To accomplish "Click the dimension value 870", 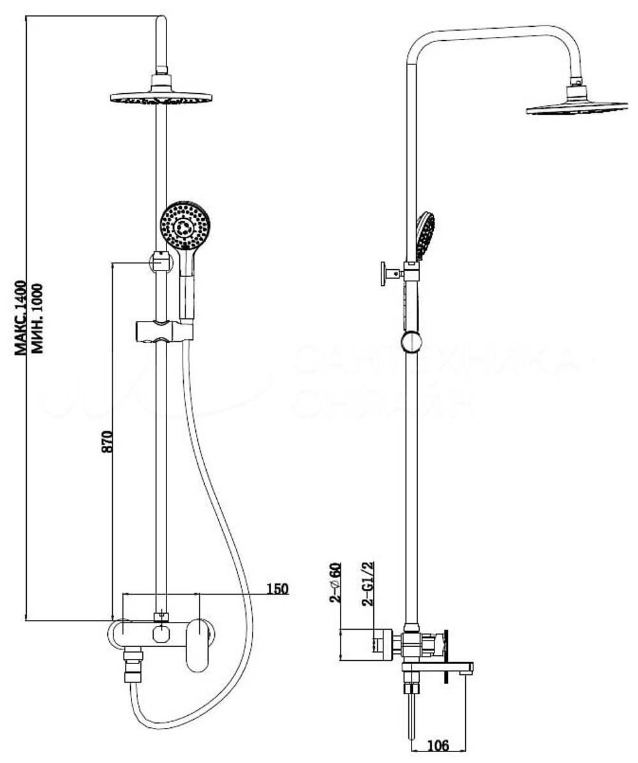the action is click(x=108, y=441).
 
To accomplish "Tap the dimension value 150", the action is click(x=277, y=588).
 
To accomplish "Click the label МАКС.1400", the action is click(x=22, y=316).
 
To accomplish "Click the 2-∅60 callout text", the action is click(x=336, y=583).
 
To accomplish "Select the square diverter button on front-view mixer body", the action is click(x=161, y=633).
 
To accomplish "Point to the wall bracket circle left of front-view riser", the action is click(x=159, y=262).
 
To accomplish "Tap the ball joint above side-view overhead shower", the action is click(x=576, y=82).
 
